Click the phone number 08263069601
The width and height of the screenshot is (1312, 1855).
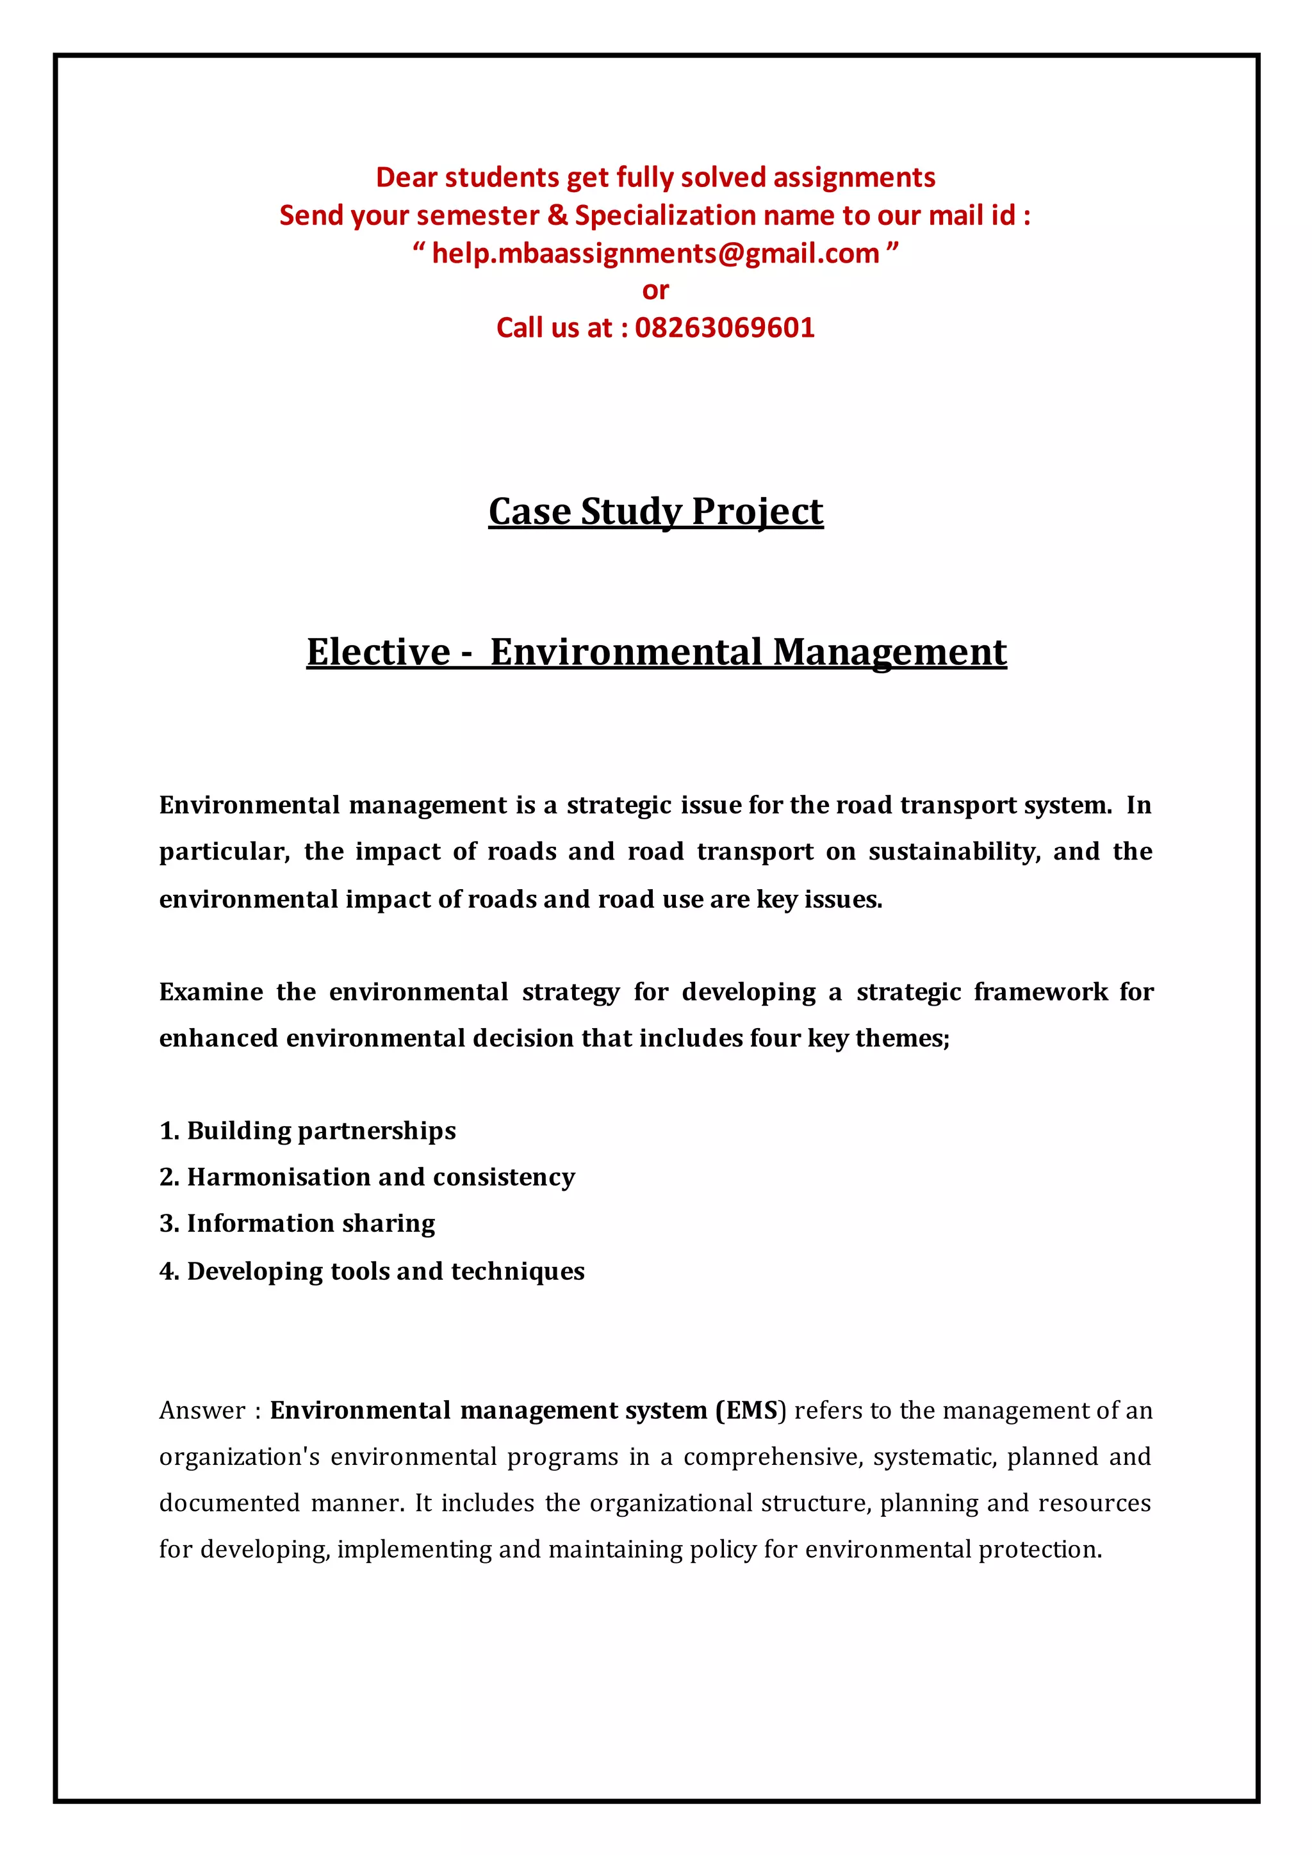[725, 328]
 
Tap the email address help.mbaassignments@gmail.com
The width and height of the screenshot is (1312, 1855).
[655, 254]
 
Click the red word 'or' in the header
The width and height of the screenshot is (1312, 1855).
[655, 290]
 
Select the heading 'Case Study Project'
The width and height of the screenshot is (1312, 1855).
[655, 511]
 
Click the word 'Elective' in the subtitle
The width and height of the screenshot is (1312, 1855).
[378, 652]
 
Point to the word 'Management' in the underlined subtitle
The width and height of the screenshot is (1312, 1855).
[889, 652]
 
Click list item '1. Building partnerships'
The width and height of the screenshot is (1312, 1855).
[307, 1131]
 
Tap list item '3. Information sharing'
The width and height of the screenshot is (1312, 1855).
[297, 1223]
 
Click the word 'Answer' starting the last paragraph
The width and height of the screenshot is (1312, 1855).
[202, 1410]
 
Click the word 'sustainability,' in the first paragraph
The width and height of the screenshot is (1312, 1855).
[953, 851]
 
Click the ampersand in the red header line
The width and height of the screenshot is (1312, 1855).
[557, 216]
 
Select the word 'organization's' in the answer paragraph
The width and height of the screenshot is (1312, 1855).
[239, 1457]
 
